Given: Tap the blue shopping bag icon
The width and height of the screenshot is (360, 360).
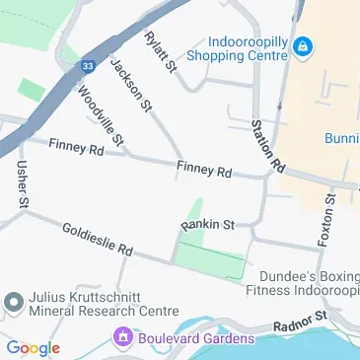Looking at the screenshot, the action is tap(303, 45).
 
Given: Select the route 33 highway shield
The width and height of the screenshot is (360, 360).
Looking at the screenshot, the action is tap(88, 66).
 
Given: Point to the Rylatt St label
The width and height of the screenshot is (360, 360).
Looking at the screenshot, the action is tap(159, 52).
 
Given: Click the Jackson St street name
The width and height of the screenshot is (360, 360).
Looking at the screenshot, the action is tap(131, 84).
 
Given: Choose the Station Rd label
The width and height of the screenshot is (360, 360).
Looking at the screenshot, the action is tap(267, 142).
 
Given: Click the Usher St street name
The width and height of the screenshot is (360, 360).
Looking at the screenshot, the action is tap(20, 184).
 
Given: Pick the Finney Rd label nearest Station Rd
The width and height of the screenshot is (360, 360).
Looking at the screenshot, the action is tap(204, 170).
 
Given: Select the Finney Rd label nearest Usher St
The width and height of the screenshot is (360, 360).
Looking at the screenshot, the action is tap(74, 149).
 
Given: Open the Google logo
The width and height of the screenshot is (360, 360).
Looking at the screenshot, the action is tap(33, 348).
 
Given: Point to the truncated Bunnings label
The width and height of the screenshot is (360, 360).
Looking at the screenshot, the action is tap(340, 138).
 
